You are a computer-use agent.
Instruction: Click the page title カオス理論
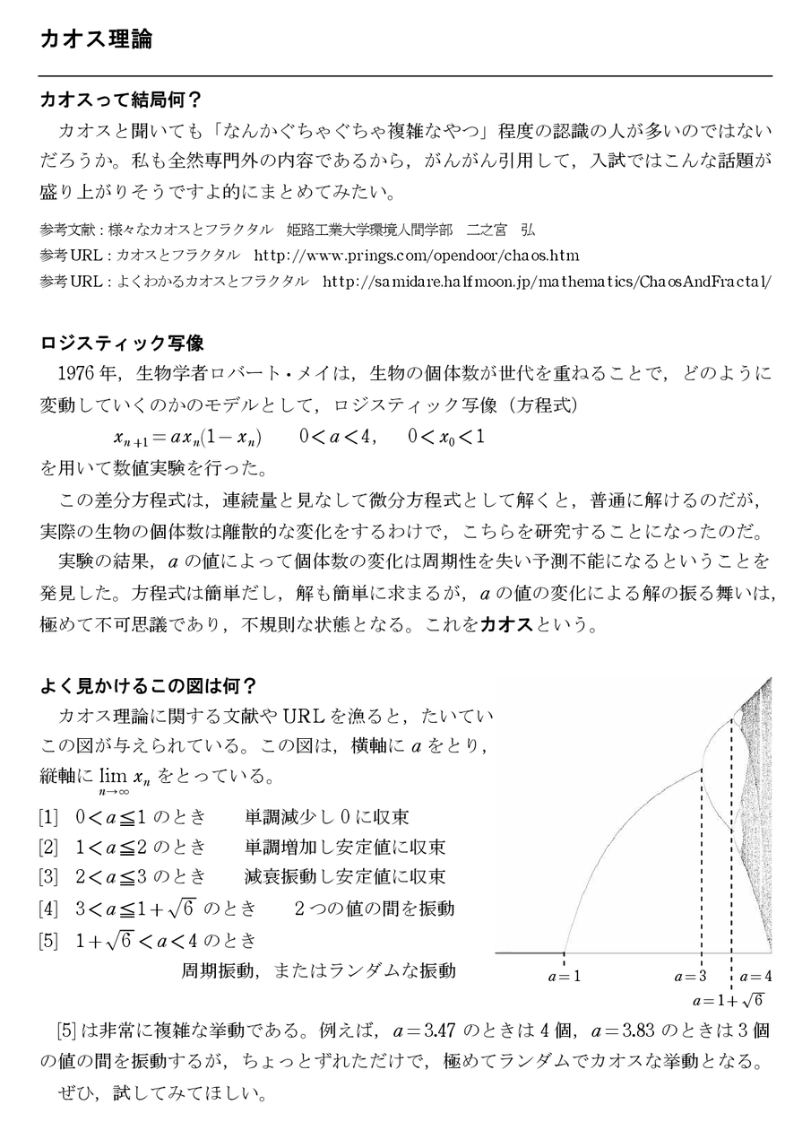[x=96, y=40]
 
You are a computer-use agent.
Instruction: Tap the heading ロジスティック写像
[x=123, y=344]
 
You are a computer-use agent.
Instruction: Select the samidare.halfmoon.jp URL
[x=545, y=281]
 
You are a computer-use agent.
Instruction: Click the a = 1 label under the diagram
[x=565, y=976]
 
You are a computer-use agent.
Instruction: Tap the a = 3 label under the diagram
[x=691, y=976]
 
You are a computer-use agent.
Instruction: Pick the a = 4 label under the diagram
[x=755, y=976]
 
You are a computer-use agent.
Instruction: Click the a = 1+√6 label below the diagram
[x=727, y=999]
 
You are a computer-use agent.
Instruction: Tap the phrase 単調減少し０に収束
[x=327, y=817]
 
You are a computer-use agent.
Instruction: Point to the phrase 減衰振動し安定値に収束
[x=345, y=877]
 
